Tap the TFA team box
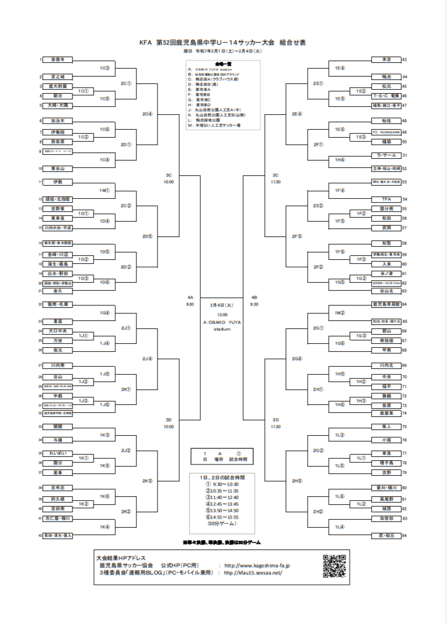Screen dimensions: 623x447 click(386, 199)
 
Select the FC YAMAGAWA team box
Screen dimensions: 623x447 click(386, 132)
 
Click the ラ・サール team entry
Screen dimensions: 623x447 click(386, 155)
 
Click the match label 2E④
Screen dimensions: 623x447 click(297, 114)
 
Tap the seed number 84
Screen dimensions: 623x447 click(404, 535)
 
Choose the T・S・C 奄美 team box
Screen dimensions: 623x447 click(386, 96)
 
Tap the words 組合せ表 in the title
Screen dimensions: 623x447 click(293, 42)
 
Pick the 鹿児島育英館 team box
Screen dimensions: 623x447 click(386, 305)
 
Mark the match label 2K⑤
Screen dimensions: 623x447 click(147, 481)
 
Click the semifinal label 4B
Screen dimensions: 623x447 click(254, 298)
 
